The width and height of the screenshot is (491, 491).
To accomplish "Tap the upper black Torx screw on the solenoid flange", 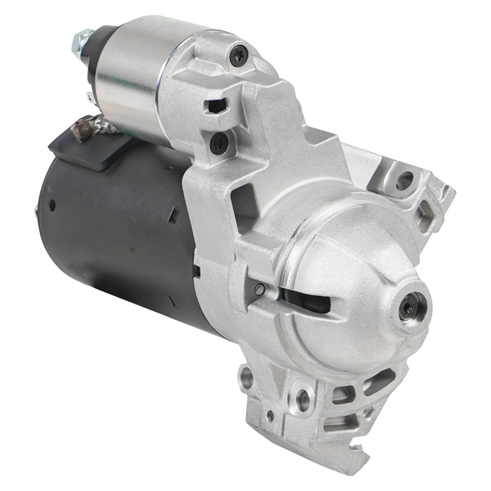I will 238,56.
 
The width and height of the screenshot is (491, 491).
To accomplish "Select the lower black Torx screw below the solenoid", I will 219,143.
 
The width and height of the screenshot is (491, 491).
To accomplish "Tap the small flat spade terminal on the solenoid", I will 91,98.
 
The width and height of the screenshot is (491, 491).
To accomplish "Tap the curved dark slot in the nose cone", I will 303,300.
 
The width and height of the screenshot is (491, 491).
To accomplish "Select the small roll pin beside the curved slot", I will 259,288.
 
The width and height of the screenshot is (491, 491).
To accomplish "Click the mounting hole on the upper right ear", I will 403,182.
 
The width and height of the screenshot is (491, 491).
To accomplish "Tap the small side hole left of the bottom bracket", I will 246,379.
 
